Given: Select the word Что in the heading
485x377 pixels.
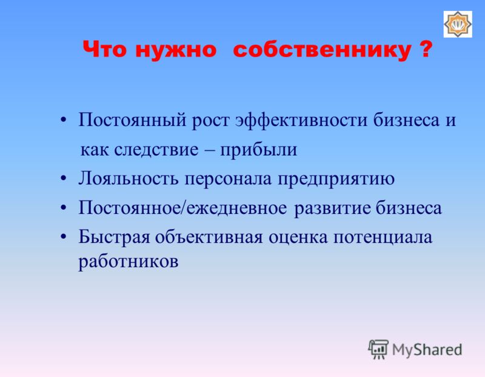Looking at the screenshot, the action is (104, 49).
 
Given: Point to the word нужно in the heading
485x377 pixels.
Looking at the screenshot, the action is (176, 50).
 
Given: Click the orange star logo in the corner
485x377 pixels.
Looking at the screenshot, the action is (458, 24).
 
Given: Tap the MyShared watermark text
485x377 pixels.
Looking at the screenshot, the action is (427, 350).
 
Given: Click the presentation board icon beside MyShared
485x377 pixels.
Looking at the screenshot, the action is (378, 349).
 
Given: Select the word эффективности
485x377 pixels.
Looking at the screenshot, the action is (301, 120).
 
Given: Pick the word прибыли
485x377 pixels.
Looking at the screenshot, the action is (258, 150).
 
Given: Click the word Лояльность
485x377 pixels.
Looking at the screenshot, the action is (129, 178).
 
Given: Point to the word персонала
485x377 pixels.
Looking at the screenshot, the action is (228, 179).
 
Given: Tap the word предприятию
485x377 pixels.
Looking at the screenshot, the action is (336, 179).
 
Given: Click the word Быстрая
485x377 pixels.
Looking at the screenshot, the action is (114, 238).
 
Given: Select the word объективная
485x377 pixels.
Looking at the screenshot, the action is (209, 237).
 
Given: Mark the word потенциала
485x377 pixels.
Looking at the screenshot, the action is (383, 238).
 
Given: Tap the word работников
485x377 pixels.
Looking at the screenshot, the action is (129, 262).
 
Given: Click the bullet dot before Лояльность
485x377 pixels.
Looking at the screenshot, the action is (64, 179).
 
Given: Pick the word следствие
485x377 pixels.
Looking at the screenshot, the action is (156, 150).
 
